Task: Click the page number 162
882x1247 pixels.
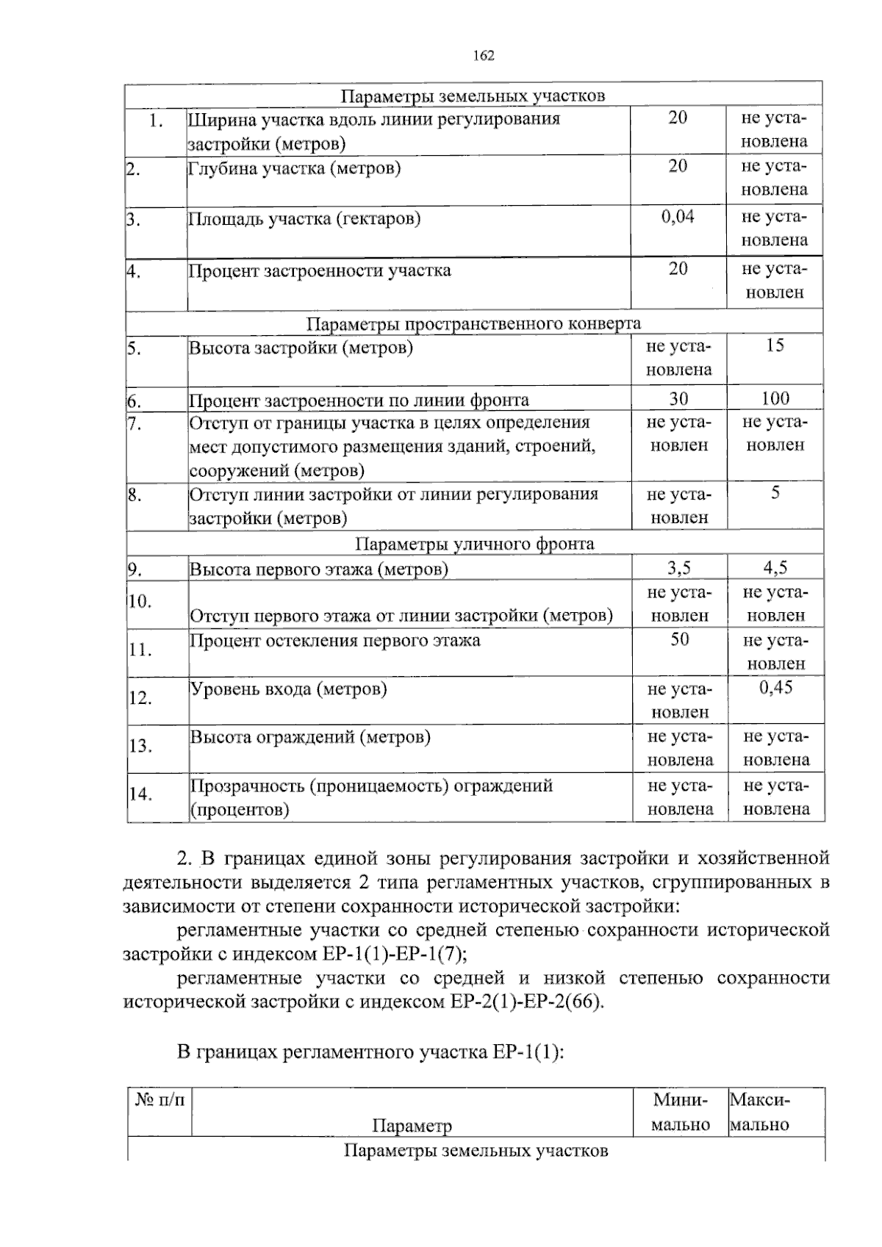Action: coord(484,56)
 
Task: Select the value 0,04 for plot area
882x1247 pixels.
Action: coord(678,217)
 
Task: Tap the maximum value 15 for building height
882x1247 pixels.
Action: coord(775,346)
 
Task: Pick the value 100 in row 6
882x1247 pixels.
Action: coord(775,399)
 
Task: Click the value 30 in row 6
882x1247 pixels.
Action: coord(678,399)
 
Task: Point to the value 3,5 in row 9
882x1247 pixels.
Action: coord(678,568)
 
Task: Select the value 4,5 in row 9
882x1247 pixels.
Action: coord(775,568)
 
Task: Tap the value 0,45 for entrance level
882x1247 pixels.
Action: coord(775,688)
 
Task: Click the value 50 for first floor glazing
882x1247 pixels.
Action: coord(679,640)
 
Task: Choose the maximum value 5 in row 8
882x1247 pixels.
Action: coord(775,494)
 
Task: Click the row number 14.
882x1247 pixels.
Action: coord(140,794)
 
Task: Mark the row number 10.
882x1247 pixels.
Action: coord(140,602)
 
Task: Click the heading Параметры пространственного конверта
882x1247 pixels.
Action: coord(473,324)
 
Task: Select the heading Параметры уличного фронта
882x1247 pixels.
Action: coord(475,544)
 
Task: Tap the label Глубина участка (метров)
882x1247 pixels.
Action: coord(295,169)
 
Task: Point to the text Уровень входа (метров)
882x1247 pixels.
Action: coord(289,689)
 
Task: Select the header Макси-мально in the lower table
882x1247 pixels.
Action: coord(760,1112)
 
